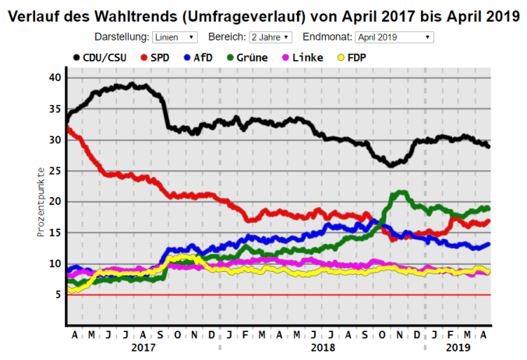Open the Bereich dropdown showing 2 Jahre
[x=271, y=37]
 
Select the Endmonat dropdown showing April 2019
[x=394, y=37]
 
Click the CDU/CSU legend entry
[x=99, y=57]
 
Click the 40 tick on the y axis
[x=54, y=78]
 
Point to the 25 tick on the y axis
[x=54, y=171]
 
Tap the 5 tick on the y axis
[x=57, y=295]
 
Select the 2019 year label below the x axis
[x=458, y=348]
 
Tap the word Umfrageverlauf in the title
[x=249, y=16]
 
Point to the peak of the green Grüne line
[x=401, y=192]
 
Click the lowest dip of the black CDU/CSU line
[x=391, y=165]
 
